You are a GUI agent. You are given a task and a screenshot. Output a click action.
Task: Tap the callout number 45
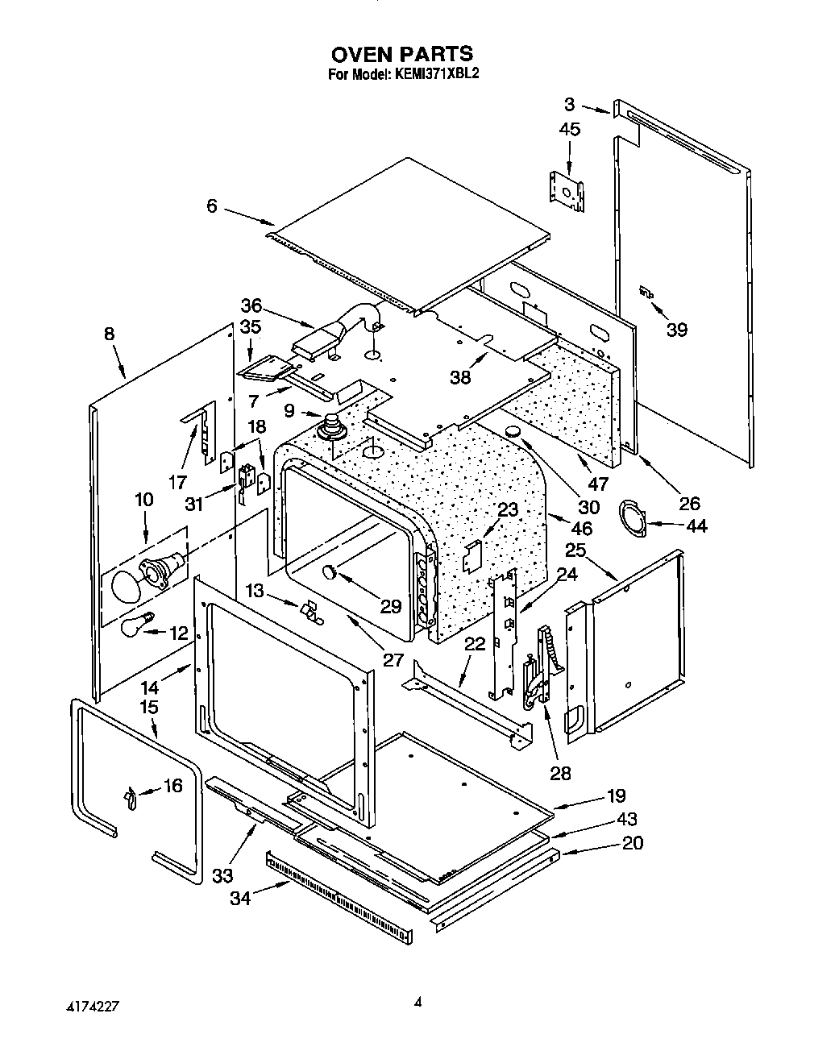pyautogui.click(x=569, y=130)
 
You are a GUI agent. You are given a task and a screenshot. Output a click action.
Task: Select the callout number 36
pyautogui.click(x=251, y=305)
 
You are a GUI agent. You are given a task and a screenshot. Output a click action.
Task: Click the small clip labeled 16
pyautogui.click(x=130, y=798)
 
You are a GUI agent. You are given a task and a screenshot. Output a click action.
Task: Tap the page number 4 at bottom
pyautogui.click(x=417, y=1003)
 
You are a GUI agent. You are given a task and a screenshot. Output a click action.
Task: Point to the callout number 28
pyautogui.click(x=560, y=773)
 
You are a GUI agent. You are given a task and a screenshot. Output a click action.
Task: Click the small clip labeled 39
pyautogui.click(x=645, y=294)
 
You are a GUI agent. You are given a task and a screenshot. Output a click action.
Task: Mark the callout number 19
pyautogui.click(x=616, y=796)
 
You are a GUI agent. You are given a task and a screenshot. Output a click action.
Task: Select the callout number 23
pyautogui.click(x=508, y=509)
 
